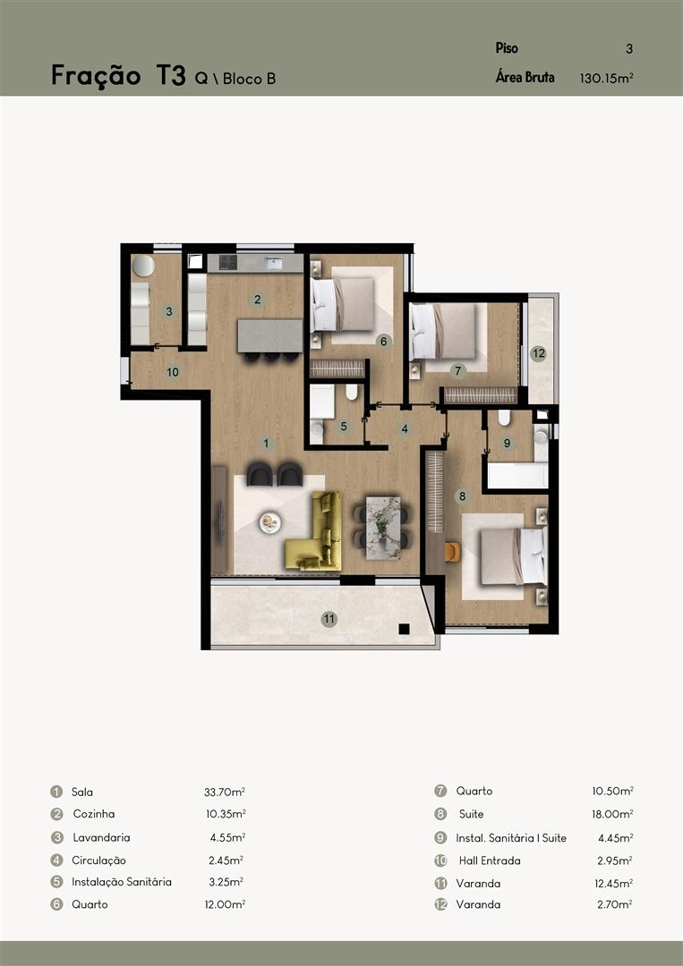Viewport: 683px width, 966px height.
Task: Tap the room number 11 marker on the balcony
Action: (329, 619)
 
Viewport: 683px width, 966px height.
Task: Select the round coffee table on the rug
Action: (270, 522)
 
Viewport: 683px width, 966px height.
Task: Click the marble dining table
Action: (383, 528)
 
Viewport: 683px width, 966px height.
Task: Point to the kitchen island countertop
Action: (270, 335)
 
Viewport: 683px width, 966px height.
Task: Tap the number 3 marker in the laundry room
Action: (169, 312)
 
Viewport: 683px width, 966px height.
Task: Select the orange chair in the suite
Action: (452, 552)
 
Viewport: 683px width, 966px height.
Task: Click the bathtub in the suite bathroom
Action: (517, 475)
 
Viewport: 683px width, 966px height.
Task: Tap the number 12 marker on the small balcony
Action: (538, 353)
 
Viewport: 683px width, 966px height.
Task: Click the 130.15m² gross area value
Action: (607, 78)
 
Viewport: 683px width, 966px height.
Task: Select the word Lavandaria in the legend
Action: (101, 837)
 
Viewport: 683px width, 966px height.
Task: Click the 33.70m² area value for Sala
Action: (225, 792)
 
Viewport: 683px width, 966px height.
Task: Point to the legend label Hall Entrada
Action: (490, 860)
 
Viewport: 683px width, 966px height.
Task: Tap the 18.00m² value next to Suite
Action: (612, 814)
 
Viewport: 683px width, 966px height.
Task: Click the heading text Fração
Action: (96, 76)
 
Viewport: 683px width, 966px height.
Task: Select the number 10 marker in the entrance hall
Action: (173, 372)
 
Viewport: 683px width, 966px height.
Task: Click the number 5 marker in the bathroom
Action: (344, 427)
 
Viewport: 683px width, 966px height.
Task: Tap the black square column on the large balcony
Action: (404, 629)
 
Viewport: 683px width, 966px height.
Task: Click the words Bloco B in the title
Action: (249, 79)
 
